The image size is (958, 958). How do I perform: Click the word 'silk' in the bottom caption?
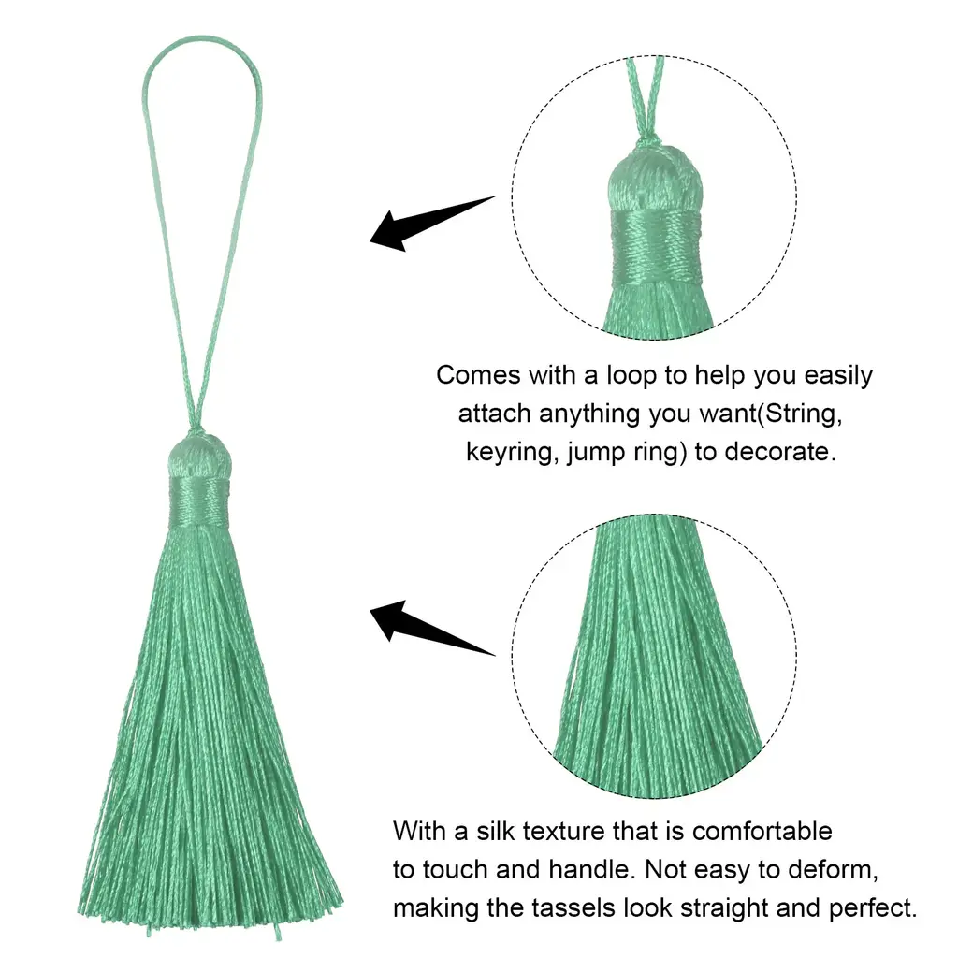pos(496,832)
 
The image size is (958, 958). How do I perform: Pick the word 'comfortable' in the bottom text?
pos(762,832)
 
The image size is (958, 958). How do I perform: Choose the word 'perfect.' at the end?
pos(873,909)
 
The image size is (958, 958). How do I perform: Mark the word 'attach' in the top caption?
pos(494,414)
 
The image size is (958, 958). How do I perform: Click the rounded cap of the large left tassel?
pos(199,456)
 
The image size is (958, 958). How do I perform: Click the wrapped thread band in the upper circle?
pos(656,246)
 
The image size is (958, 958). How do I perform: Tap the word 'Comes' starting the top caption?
pos(478,376)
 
